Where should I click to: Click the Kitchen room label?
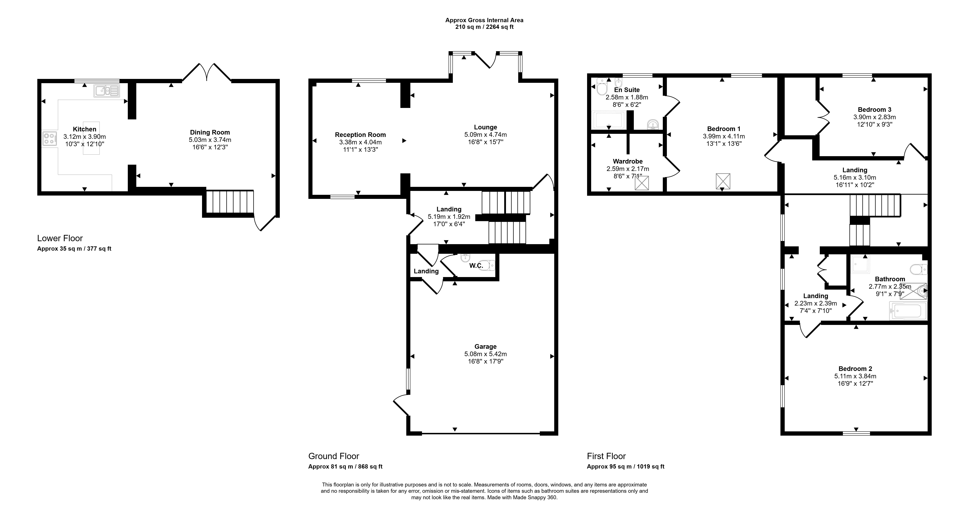point(85,129)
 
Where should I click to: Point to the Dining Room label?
point(210,132)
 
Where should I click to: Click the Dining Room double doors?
point(206,72)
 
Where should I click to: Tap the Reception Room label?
point(360,135)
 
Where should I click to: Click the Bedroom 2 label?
point(855,369)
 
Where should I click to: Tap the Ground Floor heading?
point(334,456)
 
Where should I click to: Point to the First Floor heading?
point(606,456)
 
